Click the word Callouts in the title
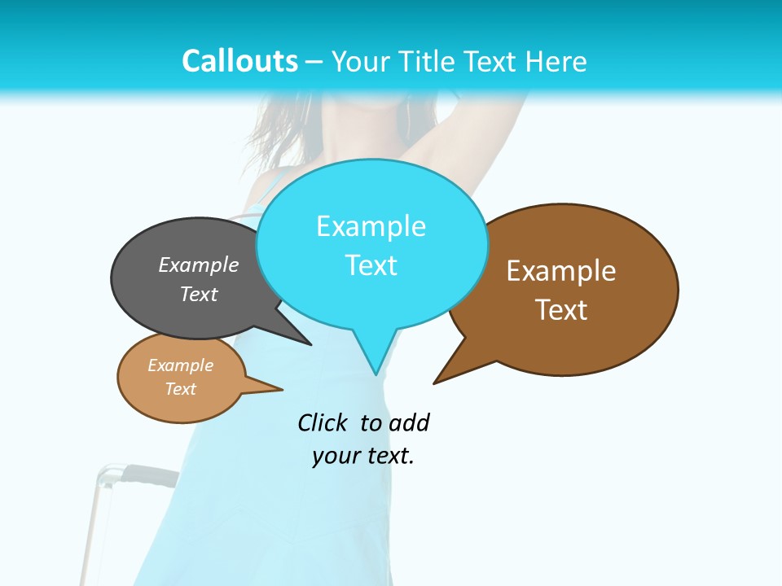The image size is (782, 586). click(x=239, y=61)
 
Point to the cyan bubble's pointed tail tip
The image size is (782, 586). click(x=376, y=374)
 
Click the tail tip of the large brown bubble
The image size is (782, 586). click(x=435, y=383)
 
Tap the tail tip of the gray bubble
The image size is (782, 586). click(x=310, y=344)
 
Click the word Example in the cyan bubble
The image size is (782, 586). click(x=371, y=226)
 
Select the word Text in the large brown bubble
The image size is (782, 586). click(x=561, y=310)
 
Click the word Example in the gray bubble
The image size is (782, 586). click(x=199, y=265)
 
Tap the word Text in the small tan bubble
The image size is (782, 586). click(x=181, y=389)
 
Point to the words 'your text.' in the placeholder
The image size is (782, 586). click(x=363, y=456)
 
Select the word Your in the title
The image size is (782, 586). click(x=360, y=61)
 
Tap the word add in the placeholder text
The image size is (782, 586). click(x=408, y=422)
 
